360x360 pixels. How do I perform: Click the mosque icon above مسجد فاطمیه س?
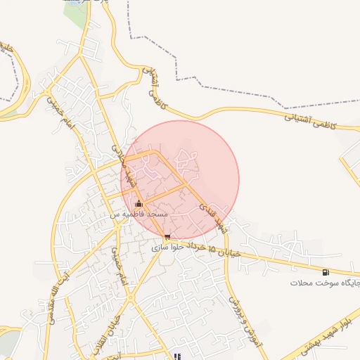138,204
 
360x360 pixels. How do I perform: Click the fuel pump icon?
325,272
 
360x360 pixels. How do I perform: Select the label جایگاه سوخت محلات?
325,282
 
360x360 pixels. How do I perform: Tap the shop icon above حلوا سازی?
167,237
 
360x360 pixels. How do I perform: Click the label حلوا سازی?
167,247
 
